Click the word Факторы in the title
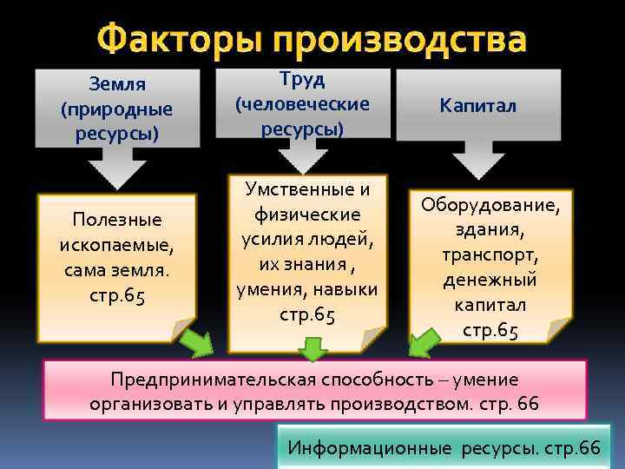click(x=178, y=41)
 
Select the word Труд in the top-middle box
click(x=303, y=79)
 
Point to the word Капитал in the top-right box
click(x=477, y=106)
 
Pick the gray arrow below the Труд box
click(x=303, y=155)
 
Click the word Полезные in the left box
click(x=117, y=219)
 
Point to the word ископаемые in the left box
click(x=117, y=244)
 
